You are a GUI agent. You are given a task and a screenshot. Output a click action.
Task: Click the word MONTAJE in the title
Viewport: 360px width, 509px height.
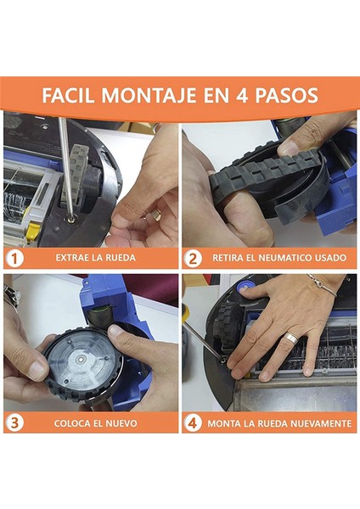(x=149, y=95)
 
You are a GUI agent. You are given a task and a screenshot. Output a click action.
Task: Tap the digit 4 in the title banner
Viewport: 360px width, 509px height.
(x=242, y=96)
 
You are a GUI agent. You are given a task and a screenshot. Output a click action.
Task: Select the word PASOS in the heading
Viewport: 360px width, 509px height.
(x=286, y=95)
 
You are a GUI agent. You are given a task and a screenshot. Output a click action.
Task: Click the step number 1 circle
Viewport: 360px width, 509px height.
(x=14, y=259)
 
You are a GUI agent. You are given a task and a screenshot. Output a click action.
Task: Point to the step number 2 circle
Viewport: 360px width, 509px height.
(x=193, y=259)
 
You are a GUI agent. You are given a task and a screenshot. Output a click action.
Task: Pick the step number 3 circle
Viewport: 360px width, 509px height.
(x=14, y=423)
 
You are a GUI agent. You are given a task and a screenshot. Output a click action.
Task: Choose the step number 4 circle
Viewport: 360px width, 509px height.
(x=193, y=423)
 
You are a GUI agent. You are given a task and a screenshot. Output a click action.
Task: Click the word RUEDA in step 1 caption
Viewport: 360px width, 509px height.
(x=121, y=258)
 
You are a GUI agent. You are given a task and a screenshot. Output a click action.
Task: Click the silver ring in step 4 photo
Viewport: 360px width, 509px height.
(x=292, y=338)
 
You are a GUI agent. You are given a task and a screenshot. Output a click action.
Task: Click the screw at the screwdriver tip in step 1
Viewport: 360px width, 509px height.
(x=70, y=220)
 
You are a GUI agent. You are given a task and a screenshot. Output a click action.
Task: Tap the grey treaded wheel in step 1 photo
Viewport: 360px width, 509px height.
(x=75, y=178)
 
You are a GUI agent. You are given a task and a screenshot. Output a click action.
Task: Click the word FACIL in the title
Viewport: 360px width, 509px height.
(x=69, y=95)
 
